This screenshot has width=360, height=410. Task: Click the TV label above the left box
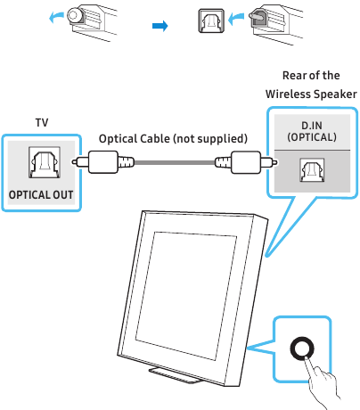(42, 122)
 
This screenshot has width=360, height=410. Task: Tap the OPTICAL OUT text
(41, 195)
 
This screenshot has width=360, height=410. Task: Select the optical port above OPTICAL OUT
(45, 162)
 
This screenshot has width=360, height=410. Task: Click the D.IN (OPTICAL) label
(312, 131)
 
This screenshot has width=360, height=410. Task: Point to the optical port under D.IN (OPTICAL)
(312, 170)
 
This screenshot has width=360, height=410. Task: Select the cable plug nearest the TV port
(102, 162)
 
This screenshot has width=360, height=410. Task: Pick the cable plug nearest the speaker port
(247, 162)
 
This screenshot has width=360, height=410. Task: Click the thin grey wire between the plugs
(175, 162)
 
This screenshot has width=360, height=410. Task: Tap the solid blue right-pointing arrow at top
(160, 26)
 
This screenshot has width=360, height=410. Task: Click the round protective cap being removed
(75, 15)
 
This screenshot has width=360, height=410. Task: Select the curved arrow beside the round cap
(56, 17)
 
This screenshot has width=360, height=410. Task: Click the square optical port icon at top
(211, 20)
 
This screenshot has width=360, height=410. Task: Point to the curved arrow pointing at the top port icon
(235, 20)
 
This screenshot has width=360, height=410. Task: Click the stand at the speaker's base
(176, 375)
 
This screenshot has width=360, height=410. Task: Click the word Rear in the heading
(294, 76)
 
